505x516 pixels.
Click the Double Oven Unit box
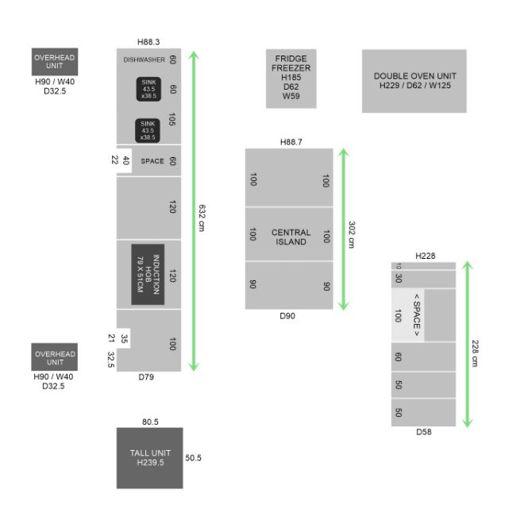click(x=414, y=81)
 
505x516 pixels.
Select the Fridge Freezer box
click(x=291, y=79)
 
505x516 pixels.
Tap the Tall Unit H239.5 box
click(x=150, y=458)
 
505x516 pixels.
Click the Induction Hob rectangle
click(x=148, y=275)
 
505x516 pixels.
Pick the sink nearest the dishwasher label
click(x=148, y=89)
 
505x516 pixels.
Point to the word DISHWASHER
click(x=145, y=60)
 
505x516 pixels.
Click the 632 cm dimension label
click(x=202, y=218)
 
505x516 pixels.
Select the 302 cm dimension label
click(x=352, y=234)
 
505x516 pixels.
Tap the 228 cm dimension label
click(x=475, y=353)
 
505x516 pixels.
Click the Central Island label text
click(x=291, y=237)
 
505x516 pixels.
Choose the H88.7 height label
click(x=291, y=142)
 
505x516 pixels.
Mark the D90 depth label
click(x=287, y=316)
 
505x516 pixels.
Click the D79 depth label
click(x=146, y=377)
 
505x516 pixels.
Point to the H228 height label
click(x=426, y=256)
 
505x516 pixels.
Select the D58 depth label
click(x=424, y=432)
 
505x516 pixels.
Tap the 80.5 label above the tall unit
click(x=150, y=422)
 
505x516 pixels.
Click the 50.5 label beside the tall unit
click(x=193, y=458)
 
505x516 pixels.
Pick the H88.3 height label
click(x=148, y=42)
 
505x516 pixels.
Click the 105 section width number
click(x=172, y=119)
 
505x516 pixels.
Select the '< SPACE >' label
click(x=417, y=315)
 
